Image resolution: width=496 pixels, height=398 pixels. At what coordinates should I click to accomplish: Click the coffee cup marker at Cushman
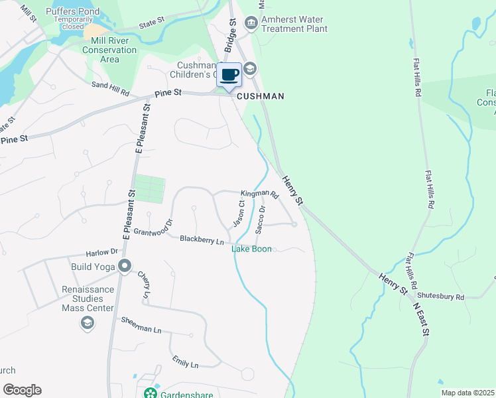click(x=229, y=75)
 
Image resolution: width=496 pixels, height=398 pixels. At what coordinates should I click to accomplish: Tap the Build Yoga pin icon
click(x=125, y=267)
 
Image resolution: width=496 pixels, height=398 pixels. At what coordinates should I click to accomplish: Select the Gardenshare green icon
click(x=152, y=394)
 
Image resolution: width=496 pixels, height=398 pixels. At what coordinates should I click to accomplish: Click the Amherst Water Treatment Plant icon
click(x=251, y=24)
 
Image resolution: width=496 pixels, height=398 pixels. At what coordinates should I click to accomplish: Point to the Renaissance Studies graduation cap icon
click(x=87, y=322)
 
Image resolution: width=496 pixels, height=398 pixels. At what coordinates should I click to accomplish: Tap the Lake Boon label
click(x=251, y=249)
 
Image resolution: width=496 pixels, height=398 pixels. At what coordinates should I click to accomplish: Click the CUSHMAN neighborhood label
click(x=261, y=96)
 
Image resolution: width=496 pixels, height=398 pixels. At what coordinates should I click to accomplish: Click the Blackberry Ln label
click(x=202, y=239)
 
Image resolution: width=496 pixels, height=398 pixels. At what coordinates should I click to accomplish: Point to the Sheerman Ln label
click(x=141, y=325)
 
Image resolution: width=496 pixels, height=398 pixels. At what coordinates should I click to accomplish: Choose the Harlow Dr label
click(x=101, y=252)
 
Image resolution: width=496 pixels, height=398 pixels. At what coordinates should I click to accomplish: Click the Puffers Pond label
click(x=74, y=11)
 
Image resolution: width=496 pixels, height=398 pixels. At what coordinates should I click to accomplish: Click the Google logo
click(x=22, y=389)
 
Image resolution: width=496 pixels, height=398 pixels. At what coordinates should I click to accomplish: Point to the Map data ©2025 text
click(x=467, y=393)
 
